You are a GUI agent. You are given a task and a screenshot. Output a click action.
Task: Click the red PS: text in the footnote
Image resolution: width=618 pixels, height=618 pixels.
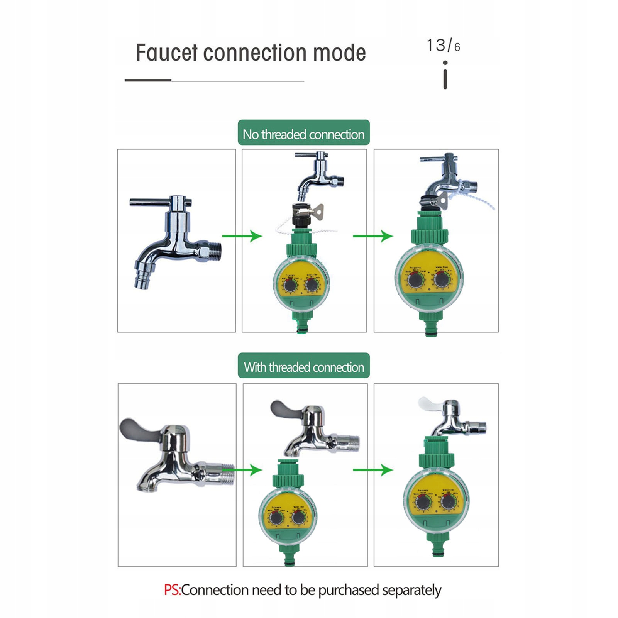[x=172, y=590]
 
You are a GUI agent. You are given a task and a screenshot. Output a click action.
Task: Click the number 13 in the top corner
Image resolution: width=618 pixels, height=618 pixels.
[x=436, y=45]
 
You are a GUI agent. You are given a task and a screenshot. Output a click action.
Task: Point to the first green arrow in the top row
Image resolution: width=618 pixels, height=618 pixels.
[x=242, y=235]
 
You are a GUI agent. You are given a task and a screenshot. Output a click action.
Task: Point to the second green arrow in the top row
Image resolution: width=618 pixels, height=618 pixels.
[x=373, y=235]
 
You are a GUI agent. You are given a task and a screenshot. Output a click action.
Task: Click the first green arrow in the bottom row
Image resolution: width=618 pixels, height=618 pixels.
[x=242, y=470]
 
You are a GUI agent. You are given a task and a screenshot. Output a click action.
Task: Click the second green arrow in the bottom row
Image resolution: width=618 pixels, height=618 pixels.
[x=373, y=470]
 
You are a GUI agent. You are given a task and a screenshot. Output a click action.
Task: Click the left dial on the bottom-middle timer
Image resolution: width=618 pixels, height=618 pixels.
[x=276, y=518]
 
